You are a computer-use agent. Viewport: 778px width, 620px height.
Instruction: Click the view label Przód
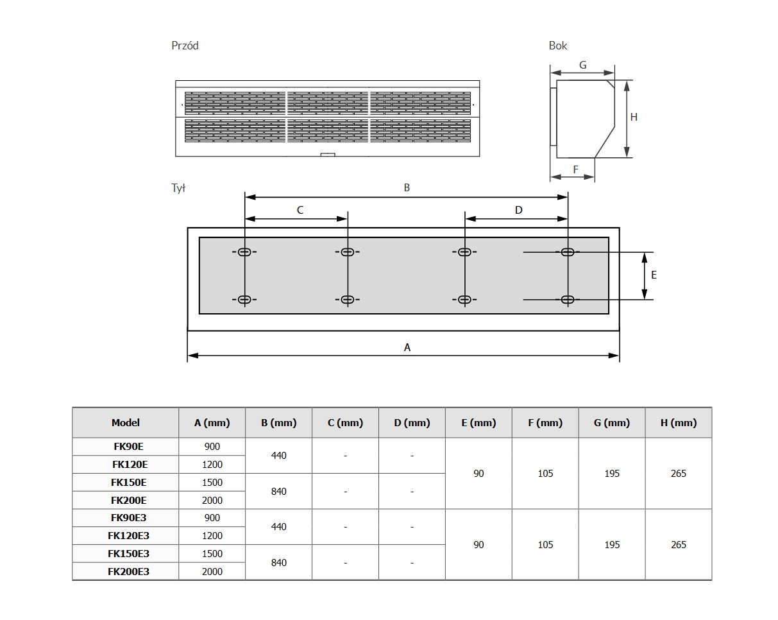[185, 46]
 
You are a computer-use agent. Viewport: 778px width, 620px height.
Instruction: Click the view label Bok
[557, 46]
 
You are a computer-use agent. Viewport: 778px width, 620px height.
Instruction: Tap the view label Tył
[178, 188]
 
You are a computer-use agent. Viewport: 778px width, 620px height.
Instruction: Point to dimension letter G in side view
[582, 65]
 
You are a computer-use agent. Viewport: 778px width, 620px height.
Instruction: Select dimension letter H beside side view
[634, 117]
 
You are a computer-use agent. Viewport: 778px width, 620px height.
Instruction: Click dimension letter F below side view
[575, 169]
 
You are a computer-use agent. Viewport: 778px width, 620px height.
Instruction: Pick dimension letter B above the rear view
[407, 188]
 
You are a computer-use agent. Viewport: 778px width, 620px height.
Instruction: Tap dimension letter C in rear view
[300, 210]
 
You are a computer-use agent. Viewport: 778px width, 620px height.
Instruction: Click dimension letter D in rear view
[518, 210]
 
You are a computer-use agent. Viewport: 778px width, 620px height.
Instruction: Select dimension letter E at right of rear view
[654, 275]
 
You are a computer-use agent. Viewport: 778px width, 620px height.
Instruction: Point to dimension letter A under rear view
[407, 347]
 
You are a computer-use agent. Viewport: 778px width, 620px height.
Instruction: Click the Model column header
[125, 423]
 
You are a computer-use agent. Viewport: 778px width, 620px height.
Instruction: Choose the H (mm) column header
[678, 423]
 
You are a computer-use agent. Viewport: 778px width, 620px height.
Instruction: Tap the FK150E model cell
[128, 482]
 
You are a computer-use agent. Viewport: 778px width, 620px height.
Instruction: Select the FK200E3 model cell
[128, 571]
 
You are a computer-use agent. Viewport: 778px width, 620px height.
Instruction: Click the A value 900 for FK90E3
[212, 518]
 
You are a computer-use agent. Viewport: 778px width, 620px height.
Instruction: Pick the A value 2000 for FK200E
[212, 500]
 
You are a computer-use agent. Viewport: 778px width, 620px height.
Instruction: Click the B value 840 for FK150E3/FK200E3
[279, 563]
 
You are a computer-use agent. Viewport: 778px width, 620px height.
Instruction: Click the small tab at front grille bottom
[327, 155]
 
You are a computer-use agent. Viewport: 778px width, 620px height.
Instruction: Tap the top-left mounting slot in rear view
[244, 252]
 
